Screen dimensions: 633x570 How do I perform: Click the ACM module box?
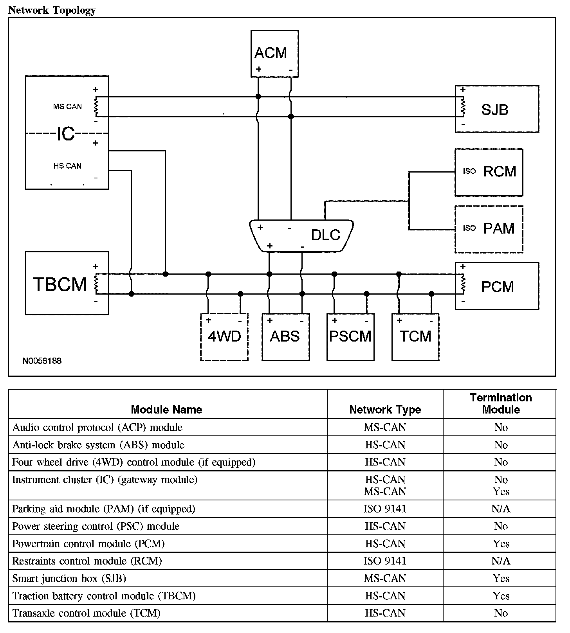point(274,54)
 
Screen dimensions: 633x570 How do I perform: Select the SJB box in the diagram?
point(497,109)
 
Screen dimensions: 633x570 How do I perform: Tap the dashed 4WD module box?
point(224,337)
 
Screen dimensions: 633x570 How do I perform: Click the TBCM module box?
point(67,283)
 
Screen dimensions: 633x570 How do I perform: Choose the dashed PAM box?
point(489,229)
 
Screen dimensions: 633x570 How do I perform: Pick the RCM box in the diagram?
point(489,172)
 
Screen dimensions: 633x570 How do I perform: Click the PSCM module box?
point(350,337)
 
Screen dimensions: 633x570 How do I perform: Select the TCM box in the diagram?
point(415,337)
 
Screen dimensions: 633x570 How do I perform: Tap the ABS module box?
point(285,337)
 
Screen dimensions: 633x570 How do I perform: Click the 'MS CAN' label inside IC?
point(67,106)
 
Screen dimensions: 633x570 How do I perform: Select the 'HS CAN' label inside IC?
point(67,166)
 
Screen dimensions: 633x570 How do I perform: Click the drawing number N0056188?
point(42,361)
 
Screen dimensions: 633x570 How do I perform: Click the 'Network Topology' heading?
point(52,10)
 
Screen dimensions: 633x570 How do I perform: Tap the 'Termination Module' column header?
point(501,404)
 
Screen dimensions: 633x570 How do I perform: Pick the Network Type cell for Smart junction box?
point(385,579)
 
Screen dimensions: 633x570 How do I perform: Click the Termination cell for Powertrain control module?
point(501,544)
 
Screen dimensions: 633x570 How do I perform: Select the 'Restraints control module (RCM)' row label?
point(87,561)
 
